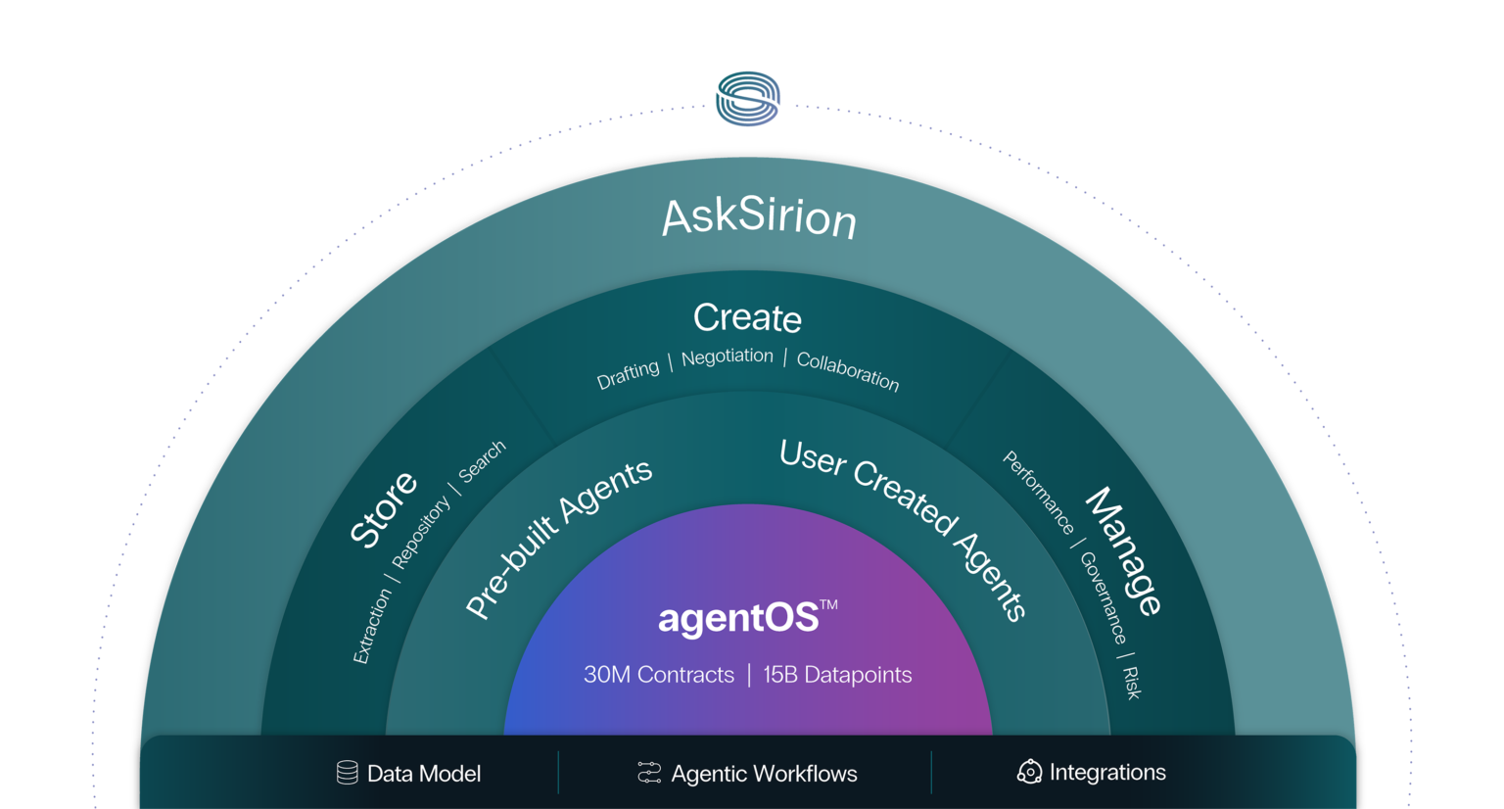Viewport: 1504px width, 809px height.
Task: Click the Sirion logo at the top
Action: click(747, 99)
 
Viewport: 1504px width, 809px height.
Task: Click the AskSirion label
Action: click(759, 216)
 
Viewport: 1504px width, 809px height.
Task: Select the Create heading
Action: click(747, 317)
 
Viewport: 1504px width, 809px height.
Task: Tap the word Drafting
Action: click(628, 374)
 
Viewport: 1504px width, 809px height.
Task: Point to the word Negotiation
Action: click(727, 357)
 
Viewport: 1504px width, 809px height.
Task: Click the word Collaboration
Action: click(848, 371)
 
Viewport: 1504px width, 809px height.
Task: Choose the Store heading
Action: click(384, 508)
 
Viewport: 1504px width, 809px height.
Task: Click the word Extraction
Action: click(372, 627)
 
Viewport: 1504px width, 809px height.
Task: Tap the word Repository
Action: click(420, 532)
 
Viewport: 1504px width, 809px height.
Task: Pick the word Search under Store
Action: click(482, 460)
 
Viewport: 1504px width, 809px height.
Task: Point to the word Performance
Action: click(1038, 493)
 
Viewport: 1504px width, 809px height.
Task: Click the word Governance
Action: click(1103, 596)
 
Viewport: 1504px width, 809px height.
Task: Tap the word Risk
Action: click(1132, 683)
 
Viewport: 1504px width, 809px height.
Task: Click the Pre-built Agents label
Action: click(558, 538)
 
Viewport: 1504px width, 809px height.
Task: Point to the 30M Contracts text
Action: click(659, 675)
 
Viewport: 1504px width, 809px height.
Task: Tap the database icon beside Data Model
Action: click(347, 773)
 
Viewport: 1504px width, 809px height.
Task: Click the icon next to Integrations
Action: click(1029, 772)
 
